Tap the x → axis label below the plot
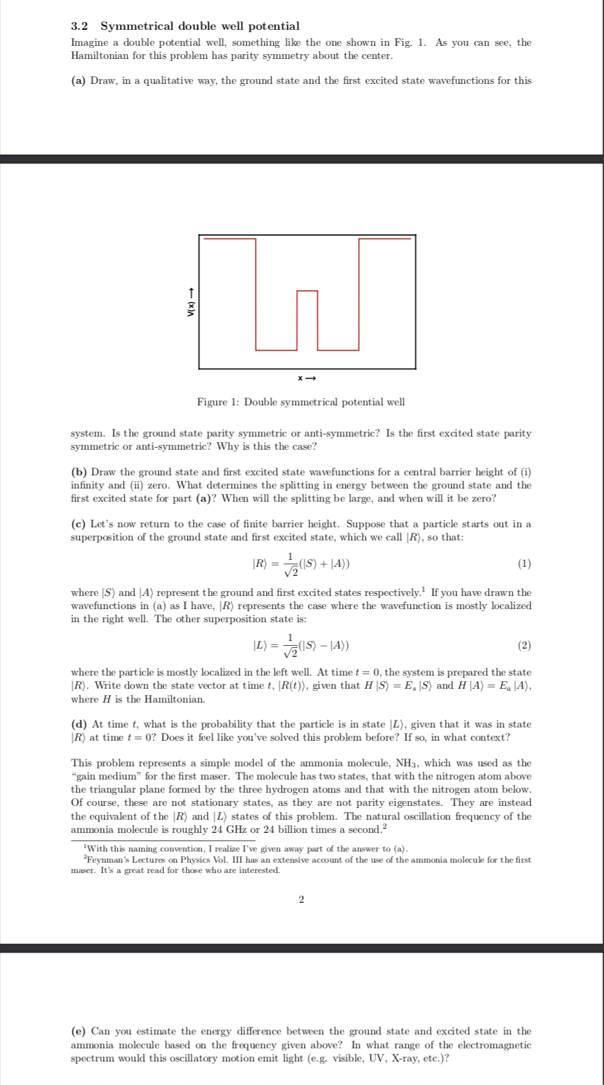[x=307, y=378]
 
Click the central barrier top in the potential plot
[x=307, y=291]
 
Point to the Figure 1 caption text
[x=301, y=402]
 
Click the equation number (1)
[x=524, y=563]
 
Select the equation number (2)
[x=524, y=646]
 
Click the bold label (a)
[x=79, y=80]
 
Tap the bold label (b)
[x=79, y=472]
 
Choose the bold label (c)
[x=79, y=524]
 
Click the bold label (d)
[x=79, y=724]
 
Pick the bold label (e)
[x=79, y=1032]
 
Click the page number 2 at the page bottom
[x=301, y=899]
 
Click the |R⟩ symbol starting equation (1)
[x=260, y=564]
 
